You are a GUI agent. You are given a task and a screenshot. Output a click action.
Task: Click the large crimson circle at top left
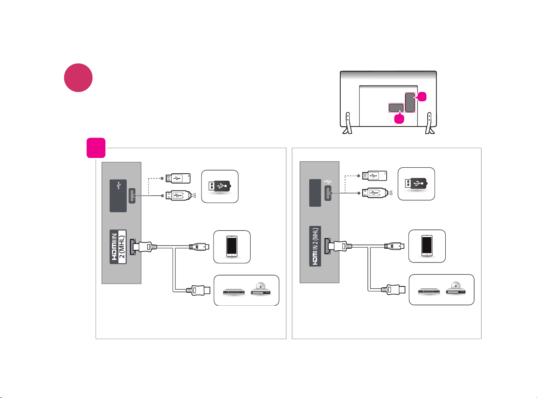pos(78,78)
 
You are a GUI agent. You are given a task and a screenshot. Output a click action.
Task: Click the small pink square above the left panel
pos(96,148)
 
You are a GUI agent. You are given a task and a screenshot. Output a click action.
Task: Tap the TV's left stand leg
pos(347,123)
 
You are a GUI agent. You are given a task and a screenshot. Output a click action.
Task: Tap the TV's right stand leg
pos(430,123)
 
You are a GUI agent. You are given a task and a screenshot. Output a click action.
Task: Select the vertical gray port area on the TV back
pos(410,102)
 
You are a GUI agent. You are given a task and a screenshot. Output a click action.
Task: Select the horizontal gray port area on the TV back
pos(396,108)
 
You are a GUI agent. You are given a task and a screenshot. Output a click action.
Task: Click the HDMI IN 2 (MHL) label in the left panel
pos(118,247)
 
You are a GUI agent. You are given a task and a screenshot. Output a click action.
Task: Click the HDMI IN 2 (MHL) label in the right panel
pos(316,246)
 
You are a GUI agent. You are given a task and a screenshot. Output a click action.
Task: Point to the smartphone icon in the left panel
pos(232,246)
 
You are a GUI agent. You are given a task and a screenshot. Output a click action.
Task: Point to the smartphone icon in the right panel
pos(427,246)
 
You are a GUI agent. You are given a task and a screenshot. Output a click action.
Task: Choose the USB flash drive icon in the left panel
pos(220,186)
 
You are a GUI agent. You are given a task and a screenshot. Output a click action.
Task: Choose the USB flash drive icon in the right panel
pos(416,183)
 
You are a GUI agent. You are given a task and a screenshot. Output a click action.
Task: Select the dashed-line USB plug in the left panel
pos(178,178)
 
